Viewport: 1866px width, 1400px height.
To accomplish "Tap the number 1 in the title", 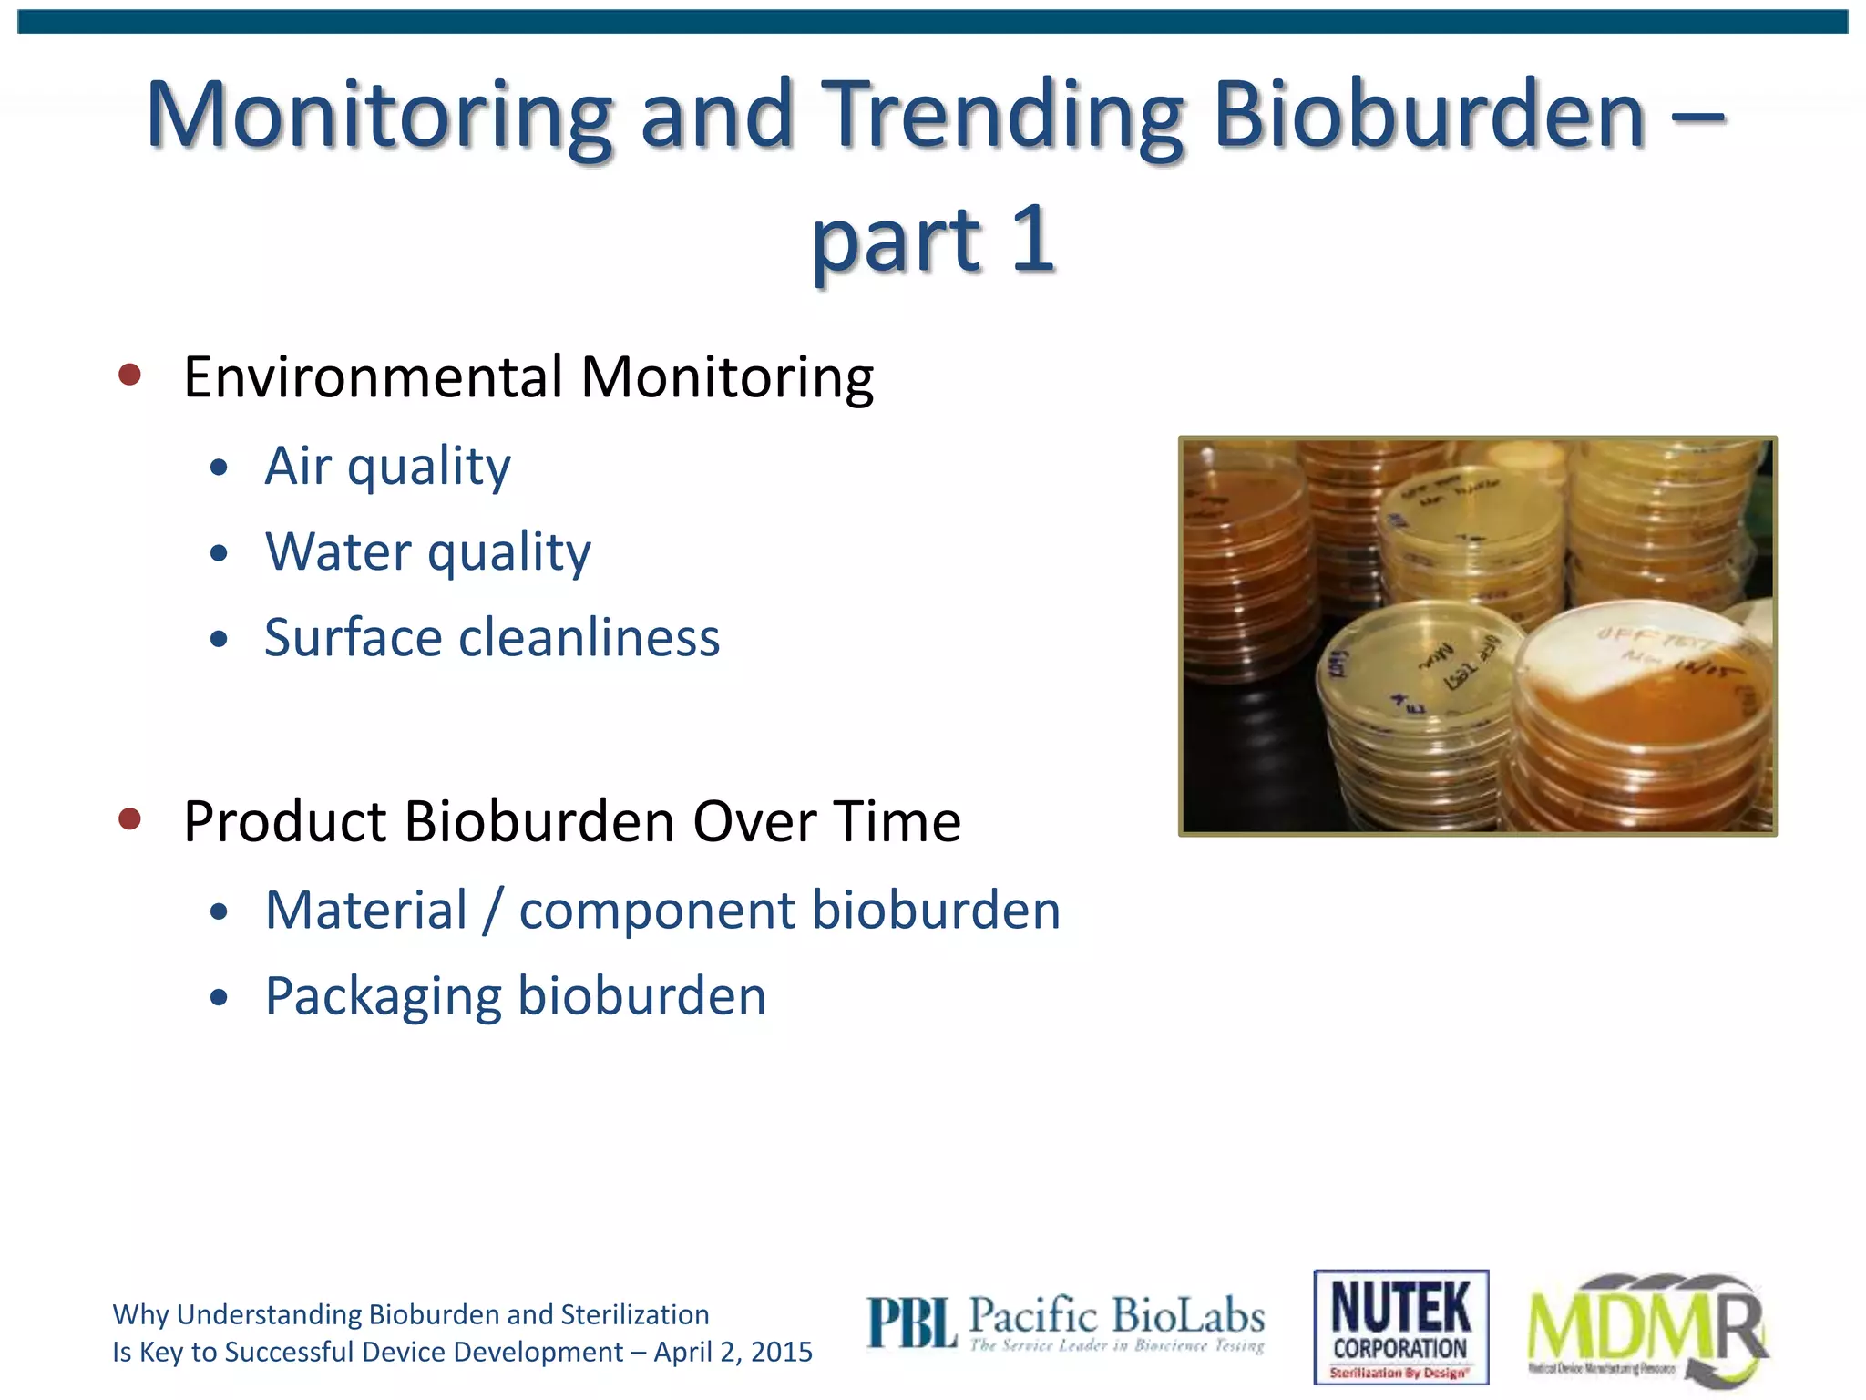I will click(1032, 239).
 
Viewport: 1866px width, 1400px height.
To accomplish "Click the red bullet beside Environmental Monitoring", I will click(130, 375).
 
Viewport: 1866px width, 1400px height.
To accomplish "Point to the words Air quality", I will click(387, 467).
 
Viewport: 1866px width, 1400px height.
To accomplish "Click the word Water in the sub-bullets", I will click(338, 552).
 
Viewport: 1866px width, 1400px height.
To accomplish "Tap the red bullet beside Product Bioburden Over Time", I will click(130, 818).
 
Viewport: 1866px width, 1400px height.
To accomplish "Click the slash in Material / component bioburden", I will click(493, 911).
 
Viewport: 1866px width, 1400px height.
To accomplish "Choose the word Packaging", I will click(383, 996).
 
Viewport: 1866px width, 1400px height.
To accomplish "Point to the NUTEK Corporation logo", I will click(1400, 1326).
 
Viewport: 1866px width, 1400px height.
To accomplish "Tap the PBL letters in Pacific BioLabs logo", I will click(910, 1323).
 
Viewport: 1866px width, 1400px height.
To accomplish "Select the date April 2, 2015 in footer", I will click(733, 1352).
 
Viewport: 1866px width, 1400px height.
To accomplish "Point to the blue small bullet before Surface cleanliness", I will click(218, 639).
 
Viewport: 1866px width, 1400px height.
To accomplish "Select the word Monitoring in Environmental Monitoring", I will click(727, 376).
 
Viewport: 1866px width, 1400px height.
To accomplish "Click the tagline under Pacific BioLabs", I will click(1116, 1345).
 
